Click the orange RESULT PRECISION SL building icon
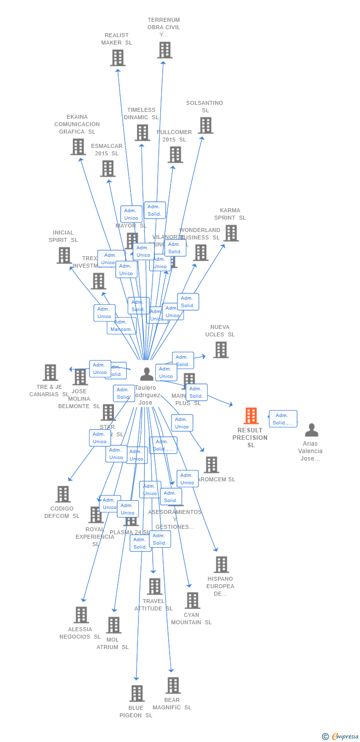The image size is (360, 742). tap(251, 416)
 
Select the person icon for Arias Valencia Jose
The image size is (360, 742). tap(311, 430)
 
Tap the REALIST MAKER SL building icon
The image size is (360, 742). tap(117, 58)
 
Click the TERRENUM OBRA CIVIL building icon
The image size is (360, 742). tap(165, 50)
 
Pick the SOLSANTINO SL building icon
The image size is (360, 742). tap(206, 125)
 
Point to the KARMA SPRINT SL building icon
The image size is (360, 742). tap(231, 233)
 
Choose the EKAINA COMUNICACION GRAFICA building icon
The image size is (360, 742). tap(78, 146)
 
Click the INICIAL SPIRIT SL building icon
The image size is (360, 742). tap(64, 255)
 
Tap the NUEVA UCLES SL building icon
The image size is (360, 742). tap(221, 350)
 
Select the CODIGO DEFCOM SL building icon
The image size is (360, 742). tap(63, 494)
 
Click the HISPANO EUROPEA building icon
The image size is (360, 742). tap(221, 564)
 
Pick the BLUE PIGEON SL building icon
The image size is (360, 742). tap(137, 693)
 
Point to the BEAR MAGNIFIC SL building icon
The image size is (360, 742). tap(173, 685)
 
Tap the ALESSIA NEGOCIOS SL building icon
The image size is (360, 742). tap(81, 615)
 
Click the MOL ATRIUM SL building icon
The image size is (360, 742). tap(114, 625)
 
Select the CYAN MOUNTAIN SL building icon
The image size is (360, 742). tap(192, 601)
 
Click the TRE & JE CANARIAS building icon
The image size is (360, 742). tap(50, 372)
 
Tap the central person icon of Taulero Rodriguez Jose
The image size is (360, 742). tap(146, 374)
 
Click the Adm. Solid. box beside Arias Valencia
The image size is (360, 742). tap(283, 418)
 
